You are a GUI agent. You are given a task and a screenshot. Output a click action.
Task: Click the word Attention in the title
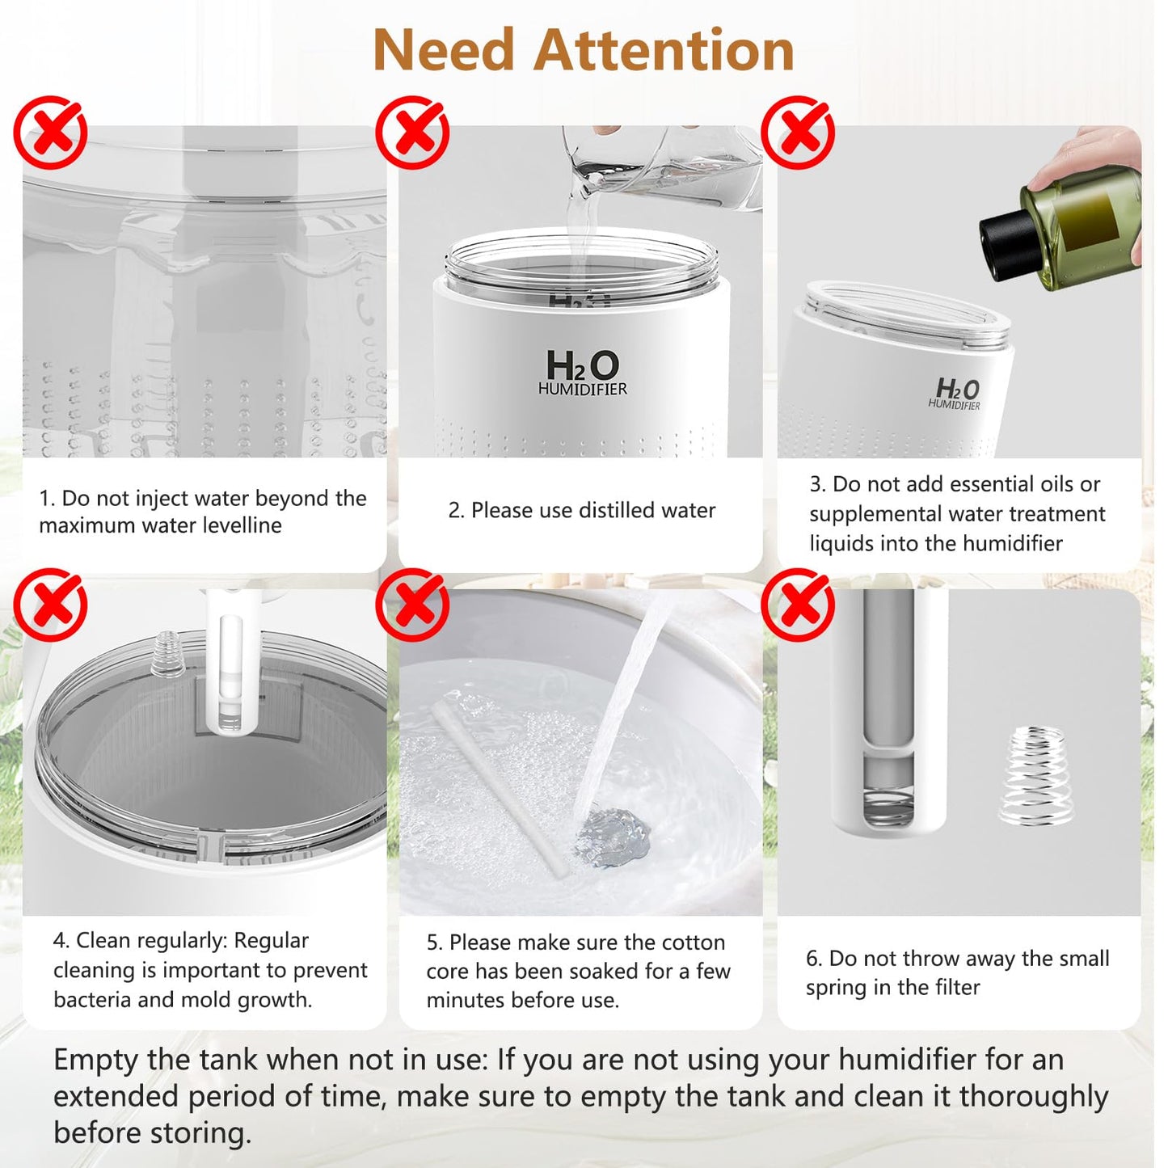click(x=664, y=50)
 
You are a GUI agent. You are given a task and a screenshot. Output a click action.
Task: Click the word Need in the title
click(x=444, y=50)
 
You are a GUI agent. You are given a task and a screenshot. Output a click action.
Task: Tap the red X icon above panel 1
click(x=50, y=133)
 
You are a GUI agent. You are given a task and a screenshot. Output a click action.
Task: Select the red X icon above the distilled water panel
click(x=412, y=133)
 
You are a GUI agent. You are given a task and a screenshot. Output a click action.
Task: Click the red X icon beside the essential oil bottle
click(x=798, y=133)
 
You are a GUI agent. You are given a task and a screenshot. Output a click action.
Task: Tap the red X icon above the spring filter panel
click(x=798, y=605)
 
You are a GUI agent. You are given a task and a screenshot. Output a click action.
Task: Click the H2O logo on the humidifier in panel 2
click(x=582, y=366)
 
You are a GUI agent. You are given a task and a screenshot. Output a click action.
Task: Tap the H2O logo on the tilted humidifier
click(x=957, y=390)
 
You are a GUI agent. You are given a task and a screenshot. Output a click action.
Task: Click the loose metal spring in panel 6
click(x=1036, y=776)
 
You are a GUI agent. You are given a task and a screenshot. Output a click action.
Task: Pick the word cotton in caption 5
click(x=693, y=942)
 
